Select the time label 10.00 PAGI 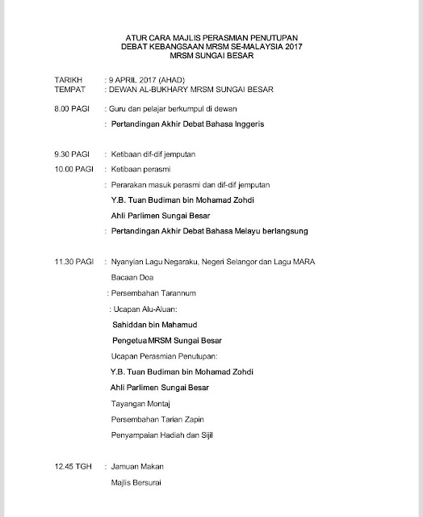(x=65, y=169)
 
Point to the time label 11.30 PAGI (x=65, y=262)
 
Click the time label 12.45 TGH (x=65, y=468)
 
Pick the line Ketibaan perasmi (x=140, y=169)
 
